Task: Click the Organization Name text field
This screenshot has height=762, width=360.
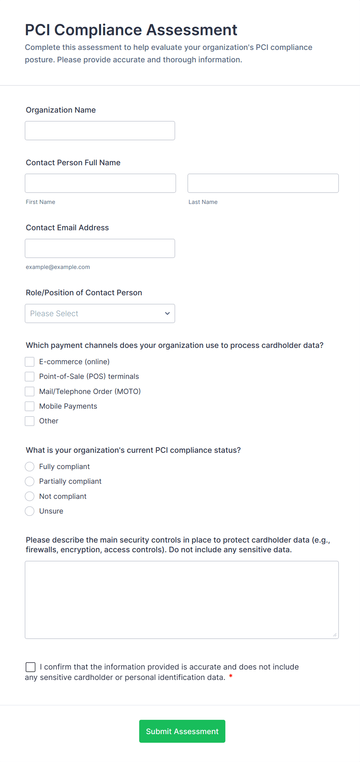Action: [100, 131]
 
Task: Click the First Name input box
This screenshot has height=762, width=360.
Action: [100, 183]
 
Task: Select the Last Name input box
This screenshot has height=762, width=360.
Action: [263, 183]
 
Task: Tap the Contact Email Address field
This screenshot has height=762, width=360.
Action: [100, 248]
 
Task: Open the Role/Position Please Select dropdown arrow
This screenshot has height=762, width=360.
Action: [167, 313]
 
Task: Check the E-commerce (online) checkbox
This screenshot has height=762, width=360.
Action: [30, 362]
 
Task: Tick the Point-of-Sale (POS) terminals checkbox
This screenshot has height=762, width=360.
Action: [30, 377]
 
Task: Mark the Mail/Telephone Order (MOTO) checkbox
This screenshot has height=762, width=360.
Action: [30, 392]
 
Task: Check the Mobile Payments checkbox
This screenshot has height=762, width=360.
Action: [30, 406]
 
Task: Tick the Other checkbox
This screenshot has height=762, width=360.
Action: [30, 421]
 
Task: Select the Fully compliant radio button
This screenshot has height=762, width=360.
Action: [30, 467]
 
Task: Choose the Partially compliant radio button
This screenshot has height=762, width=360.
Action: [30, 481]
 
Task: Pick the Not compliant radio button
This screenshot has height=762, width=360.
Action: [30, 497]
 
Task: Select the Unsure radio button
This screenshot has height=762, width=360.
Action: [30, 511]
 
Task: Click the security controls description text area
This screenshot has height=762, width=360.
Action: [182, 600]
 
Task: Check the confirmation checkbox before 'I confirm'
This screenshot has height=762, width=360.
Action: [31, 667]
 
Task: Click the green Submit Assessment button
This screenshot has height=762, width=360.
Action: [182, 731]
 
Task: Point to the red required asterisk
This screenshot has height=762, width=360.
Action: [231, 676]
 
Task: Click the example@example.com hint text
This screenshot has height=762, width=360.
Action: [58, 267]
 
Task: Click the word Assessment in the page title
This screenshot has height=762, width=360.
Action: [192, 30]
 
